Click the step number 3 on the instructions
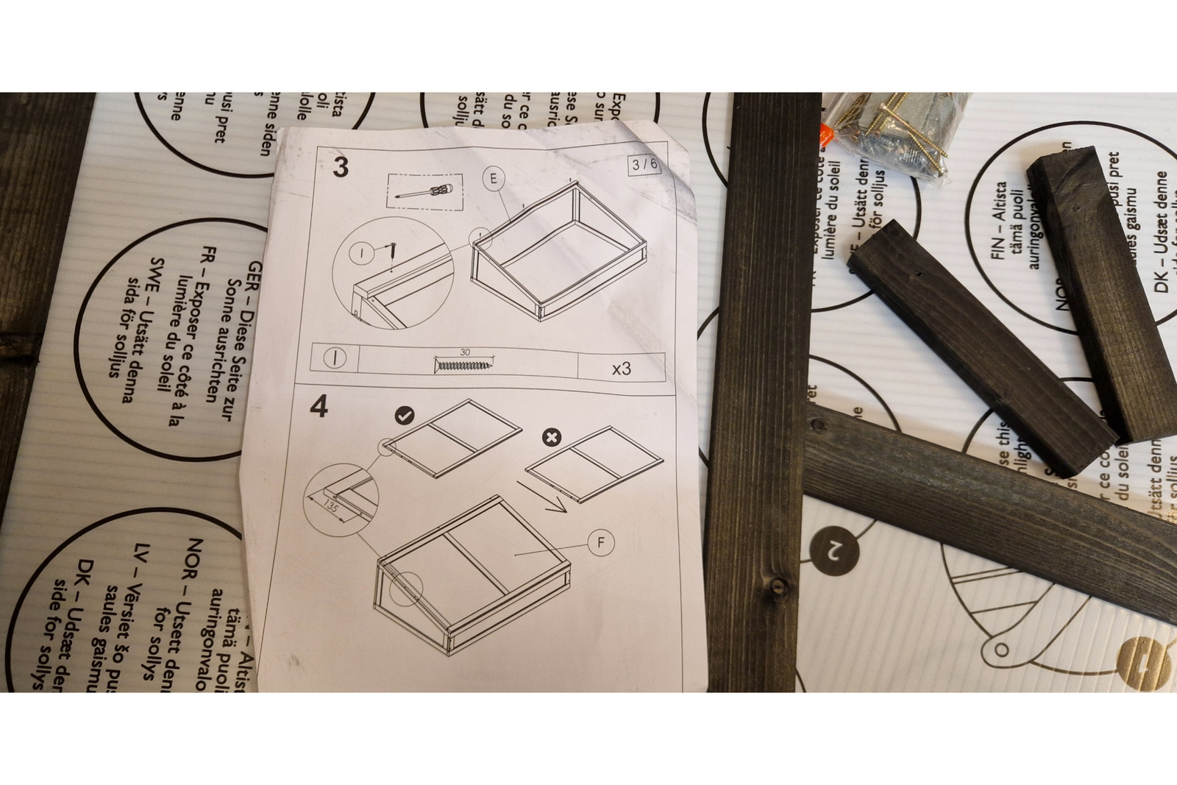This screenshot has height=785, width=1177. (340, 167)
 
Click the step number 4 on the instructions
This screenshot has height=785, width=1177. (319, 407)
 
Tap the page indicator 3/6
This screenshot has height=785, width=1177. (644, 165)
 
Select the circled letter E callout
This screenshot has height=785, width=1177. (494, 178)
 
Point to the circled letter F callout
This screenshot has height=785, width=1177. (601, 543)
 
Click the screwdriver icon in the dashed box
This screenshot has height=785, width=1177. (424, 193)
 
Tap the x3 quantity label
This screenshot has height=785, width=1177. (622, 368)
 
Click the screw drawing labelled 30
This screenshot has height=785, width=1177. (465, 363)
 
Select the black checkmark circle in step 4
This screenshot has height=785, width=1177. (405, 416)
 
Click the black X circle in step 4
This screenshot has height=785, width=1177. (551, 438)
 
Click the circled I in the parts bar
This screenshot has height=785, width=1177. (335, 358)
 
